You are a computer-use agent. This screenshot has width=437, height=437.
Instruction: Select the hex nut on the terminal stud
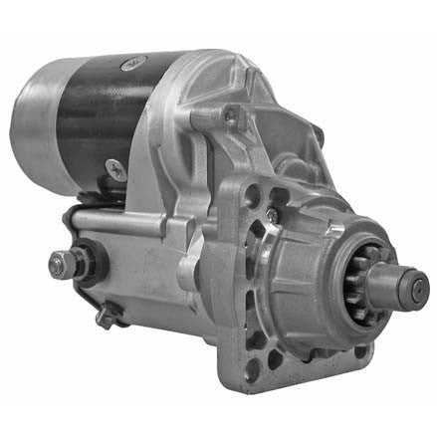coord(61,264)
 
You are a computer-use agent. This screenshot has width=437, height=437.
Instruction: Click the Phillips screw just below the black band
coord(116,170)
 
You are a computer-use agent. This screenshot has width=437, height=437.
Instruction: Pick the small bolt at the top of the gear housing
coord(230,115)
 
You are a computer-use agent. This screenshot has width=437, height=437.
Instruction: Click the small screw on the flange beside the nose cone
coord(272,214)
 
